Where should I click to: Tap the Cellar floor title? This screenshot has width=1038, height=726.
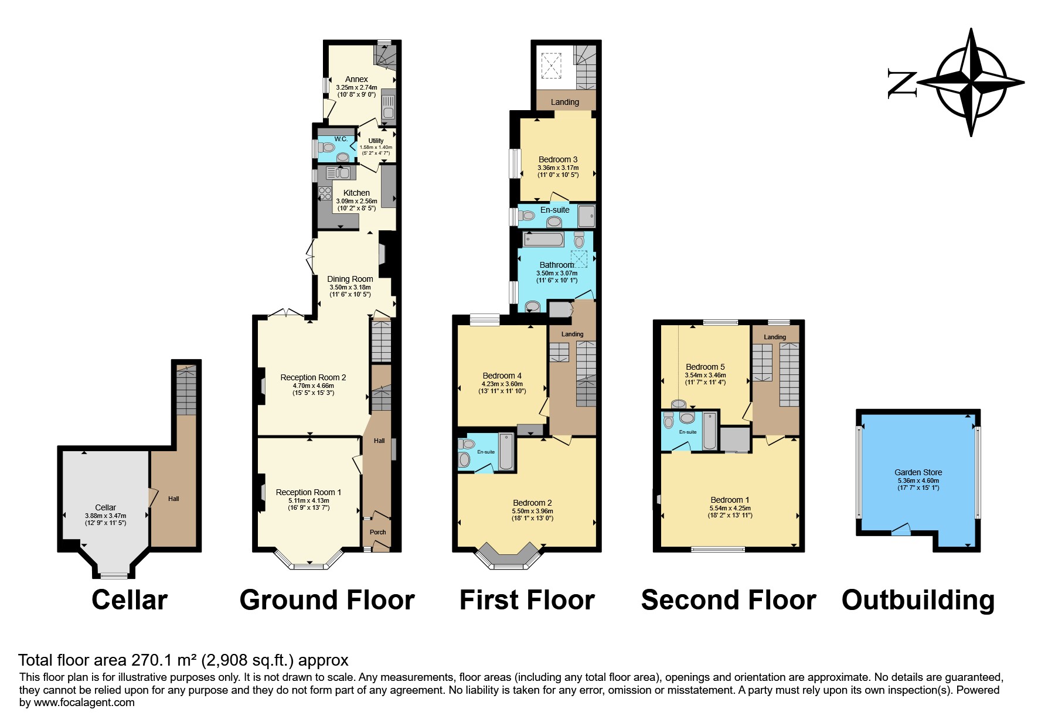coord(130,600)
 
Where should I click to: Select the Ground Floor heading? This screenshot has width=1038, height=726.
coord(327,600)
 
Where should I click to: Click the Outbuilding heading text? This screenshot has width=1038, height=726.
coord(918,600)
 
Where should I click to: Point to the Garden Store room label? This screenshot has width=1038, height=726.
coord(918,472)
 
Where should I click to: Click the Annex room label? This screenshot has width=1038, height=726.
coord(356,79)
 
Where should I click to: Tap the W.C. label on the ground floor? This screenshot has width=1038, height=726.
coord(341,139)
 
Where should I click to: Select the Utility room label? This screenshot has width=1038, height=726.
coord(376,141)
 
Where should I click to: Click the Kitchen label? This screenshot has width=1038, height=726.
coord(356,193)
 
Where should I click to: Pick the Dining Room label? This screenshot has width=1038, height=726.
coord(350,279)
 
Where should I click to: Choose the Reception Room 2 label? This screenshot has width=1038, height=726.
coord(313,377)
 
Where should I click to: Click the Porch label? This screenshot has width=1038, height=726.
coord(377,532)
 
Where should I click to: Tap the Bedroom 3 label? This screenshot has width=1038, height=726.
coord(558,159)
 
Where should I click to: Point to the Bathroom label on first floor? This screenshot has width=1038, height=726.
coord(557,265)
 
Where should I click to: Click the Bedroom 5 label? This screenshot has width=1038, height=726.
coord(705,367)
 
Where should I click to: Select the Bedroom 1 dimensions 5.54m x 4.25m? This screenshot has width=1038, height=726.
coord(730,508)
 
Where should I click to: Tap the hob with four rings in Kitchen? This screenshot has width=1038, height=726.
coord(325,193)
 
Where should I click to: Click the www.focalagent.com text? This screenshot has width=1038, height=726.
coord(84,703)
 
